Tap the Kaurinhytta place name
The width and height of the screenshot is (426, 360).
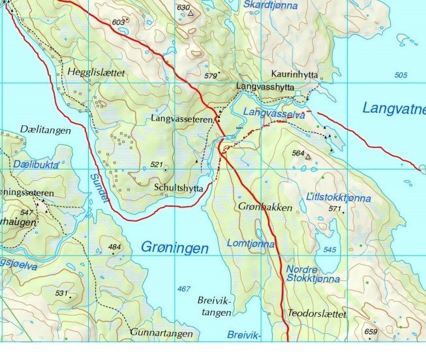[x=295, y=76]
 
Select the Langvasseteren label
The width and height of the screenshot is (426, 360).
[x=182, y=119]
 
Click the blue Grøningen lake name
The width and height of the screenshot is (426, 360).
[x=174, y=248]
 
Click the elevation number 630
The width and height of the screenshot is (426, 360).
[x=183, y=7]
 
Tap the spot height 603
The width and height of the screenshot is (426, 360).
[x=117, y=22]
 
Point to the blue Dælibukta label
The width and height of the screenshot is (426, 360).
[x=36, y=165]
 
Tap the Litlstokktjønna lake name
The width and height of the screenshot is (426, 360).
[x=339, y=197]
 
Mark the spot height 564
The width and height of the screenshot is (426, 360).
[x=299, y=153]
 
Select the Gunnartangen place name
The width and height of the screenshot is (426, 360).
[x=161, y=333]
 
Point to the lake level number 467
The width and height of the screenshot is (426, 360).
[x=184, y=289]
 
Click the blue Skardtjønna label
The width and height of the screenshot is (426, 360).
[x=270, y=6]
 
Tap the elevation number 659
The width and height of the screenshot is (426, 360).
[x=371, y=331]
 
